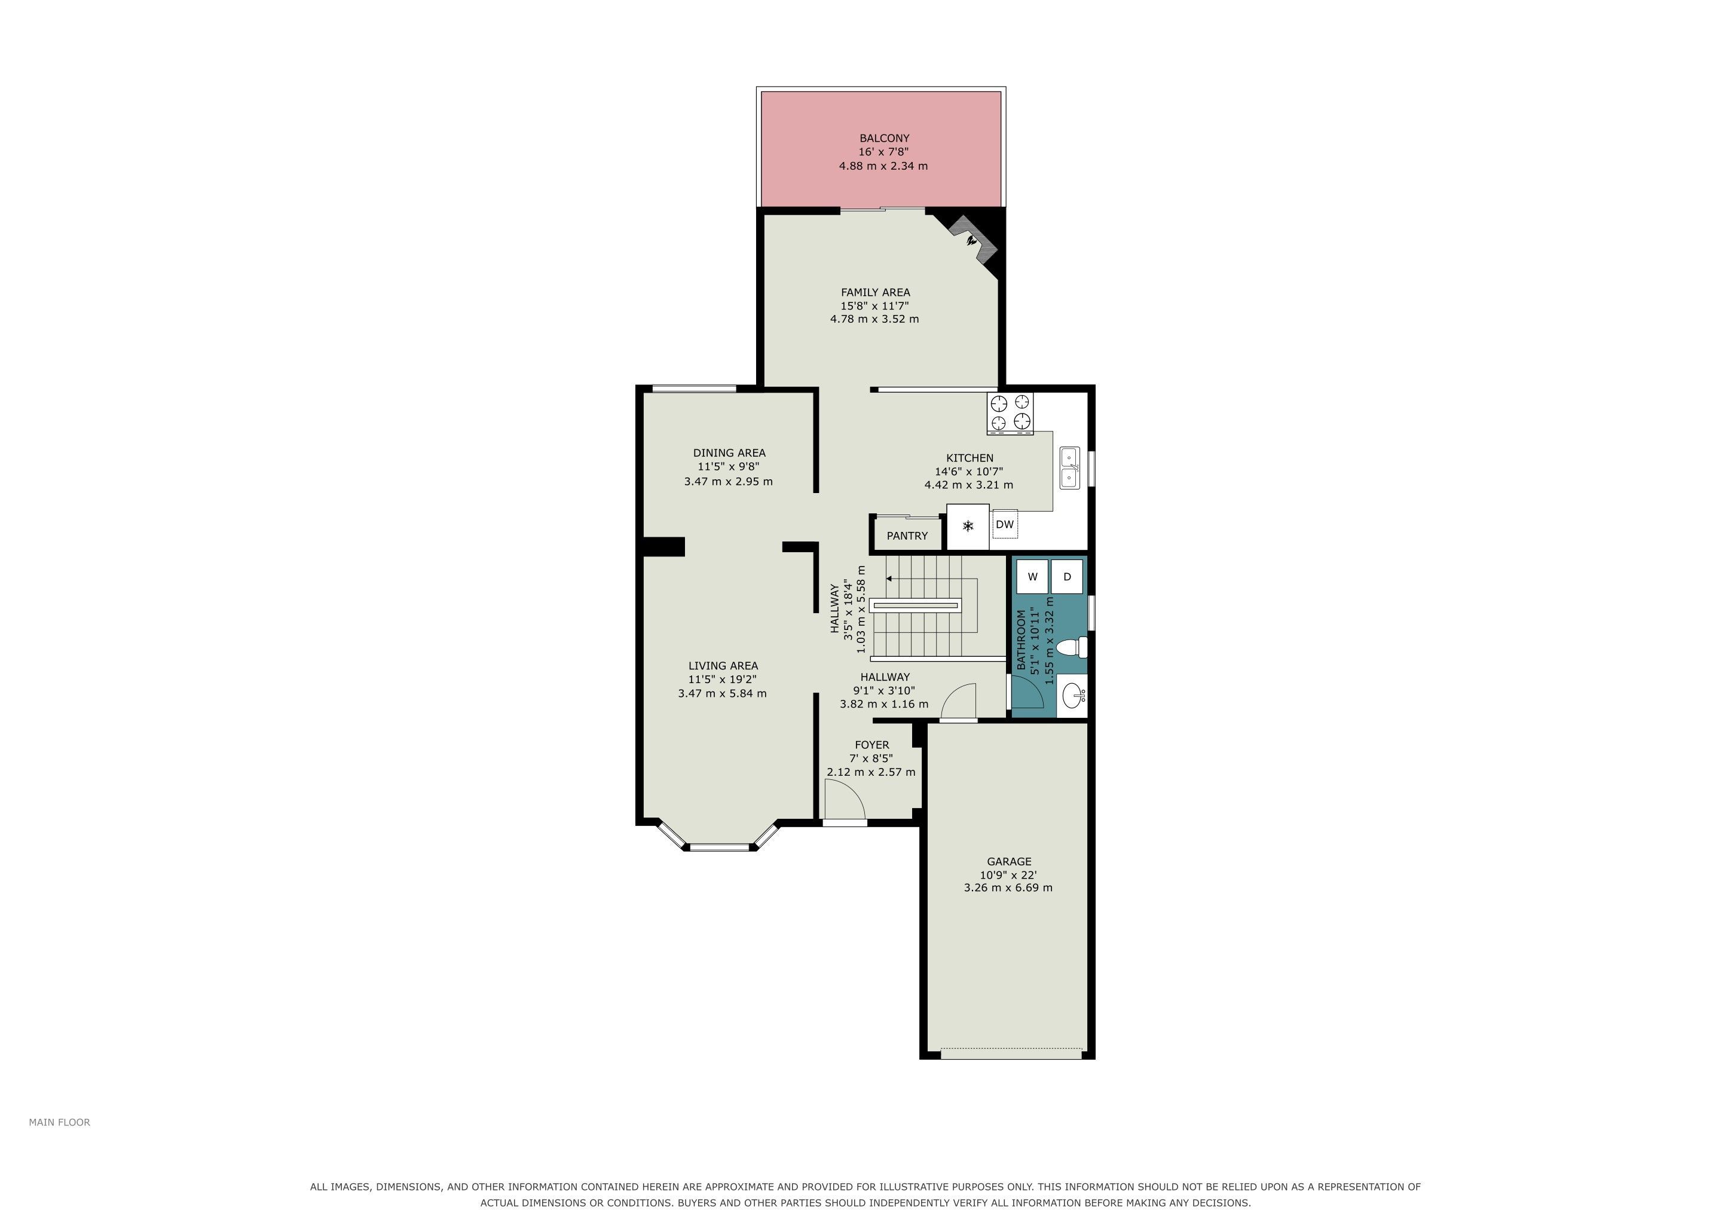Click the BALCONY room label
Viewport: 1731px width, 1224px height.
(x=885, y=139)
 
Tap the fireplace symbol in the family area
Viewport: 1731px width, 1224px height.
(x=974, y=240)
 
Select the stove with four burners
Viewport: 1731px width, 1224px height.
(x=1010, y=413)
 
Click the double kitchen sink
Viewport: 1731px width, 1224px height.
(x=1070, y=468)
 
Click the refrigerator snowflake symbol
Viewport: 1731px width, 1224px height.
(x=968, y=525)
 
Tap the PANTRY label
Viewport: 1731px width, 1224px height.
(x=907, y=536)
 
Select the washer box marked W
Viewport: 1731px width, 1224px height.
(x=1032, y=577)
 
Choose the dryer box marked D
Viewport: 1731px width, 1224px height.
(x=1067, y=577)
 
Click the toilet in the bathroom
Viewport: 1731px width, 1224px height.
(x=1073, y=647)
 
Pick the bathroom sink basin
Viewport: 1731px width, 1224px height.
(x=1074, y=695)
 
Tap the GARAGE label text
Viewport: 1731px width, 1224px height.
(x=1009, y=861)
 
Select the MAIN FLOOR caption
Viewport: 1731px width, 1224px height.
(x=60, y=1122)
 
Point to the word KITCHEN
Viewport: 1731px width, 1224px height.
(x=970, y=458)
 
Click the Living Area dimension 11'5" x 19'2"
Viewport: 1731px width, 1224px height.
(x=722, y=680)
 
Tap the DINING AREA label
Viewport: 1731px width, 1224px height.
(x=729, y=453)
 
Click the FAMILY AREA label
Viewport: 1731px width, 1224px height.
(x=875, y=292)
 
